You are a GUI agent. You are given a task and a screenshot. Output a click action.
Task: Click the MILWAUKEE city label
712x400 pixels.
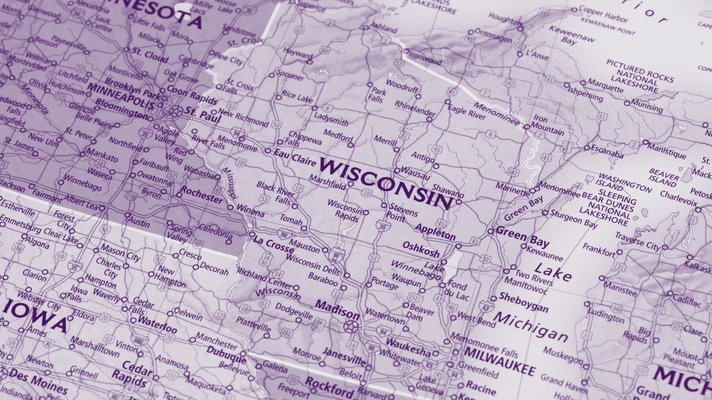click(499, 361)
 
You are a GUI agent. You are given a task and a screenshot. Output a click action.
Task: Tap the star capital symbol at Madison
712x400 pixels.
click(351, 327)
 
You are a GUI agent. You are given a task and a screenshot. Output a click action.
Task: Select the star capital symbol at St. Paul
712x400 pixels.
click(176, 110)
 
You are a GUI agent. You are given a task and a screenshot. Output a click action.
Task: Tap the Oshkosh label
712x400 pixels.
click(421, 249)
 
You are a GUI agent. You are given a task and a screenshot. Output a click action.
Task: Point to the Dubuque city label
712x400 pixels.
click(226, 355)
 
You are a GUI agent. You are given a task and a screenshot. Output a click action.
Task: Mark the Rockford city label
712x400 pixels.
click(329, 388)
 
